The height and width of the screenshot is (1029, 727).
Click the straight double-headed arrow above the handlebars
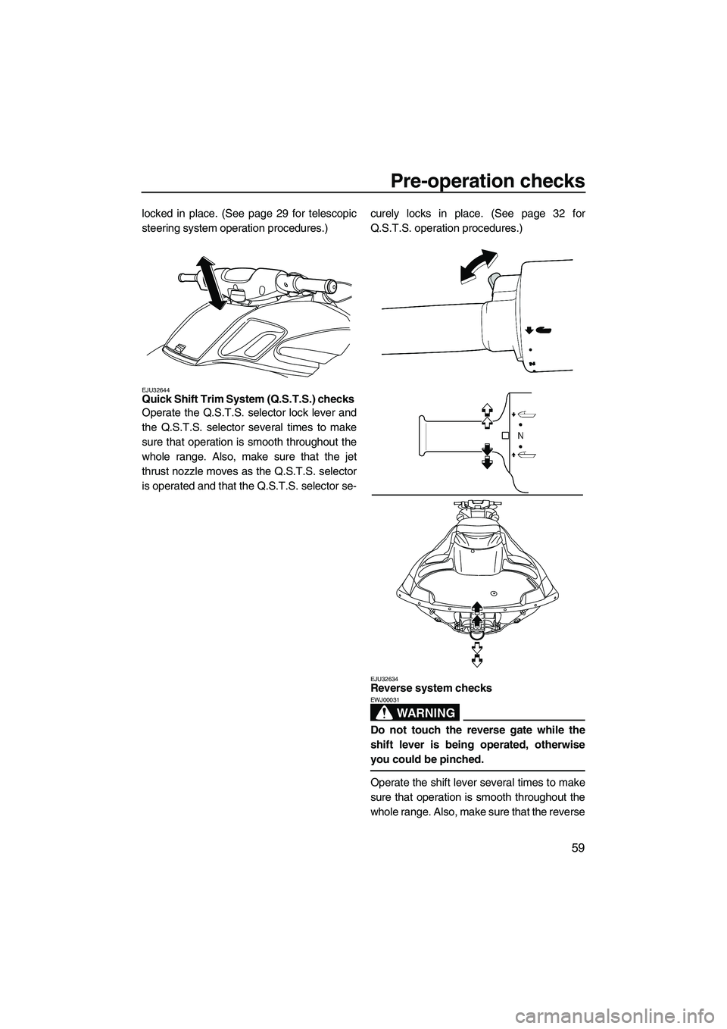click(x=211, y=282)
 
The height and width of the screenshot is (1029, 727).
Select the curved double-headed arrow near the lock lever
click(x=479, y=267)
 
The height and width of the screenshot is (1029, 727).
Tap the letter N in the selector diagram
click(x=521, y=435)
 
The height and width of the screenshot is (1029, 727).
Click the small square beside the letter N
click(x=505, y=435)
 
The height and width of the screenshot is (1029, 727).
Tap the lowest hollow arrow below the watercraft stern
click(x=477, y=660)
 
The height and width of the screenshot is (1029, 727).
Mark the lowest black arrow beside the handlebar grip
click(x=488, y=462)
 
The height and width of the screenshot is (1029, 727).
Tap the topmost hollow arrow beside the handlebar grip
click(x=488, y=408)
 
